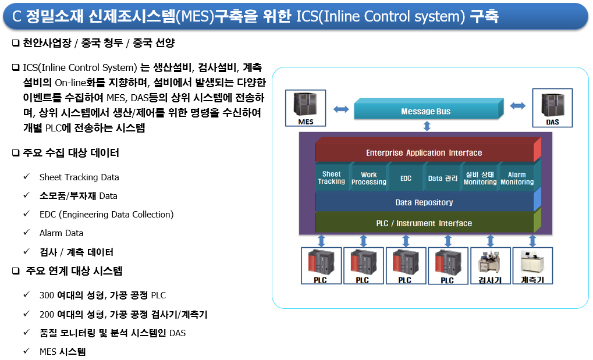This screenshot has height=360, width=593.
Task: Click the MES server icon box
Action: point(305,108)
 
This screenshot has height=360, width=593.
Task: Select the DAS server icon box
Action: point(552,108)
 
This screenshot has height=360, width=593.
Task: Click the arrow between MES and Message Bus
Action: point(341,109)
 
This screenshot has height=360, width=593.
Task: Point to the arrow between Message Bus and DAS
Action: point(518,106)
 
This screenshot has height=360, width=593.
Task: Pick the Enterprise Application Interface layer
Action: point(428,149)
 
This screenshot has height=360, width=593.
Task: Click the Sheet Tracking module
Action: point(332,177)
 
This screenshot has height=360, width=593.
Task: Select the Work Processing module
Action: point(369,177)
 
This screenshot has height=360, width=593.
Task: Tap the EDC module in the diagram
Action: point(406,177)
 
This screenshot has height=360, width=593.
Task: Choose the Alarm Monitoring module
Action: point(517,177)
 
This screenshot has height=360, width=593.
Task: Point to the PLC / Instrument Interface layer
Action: point(428,222)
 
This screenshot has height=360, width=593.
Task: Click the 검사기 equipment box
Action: point(490,265)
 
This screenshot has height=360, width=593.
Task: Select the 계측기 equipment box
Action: point(532,265)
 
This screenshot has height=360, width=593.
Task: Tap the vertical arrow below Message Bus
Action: point(427,126)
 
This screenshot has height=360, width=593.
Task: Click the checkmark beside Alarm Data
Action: point(26,232)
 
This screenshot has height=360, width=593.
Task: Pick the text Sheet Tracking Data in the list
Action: point(79,177)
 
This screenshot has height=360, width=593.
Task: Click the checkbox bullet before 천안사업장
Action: point(16,42)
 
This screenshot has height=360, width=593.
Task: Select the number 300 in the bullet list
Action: point(47,295)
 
